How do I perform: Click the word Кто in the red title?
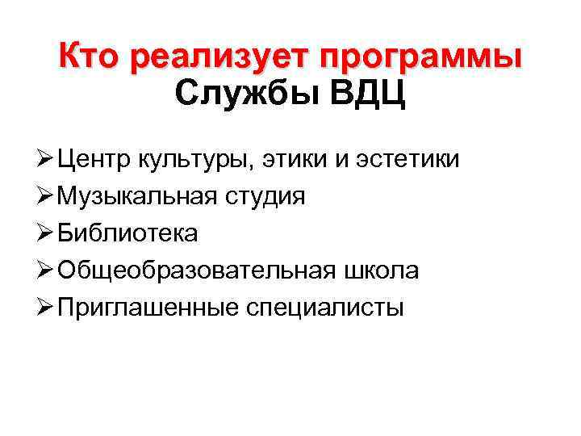[92, 58]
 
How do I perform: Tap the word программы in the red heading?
[420, 59]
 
